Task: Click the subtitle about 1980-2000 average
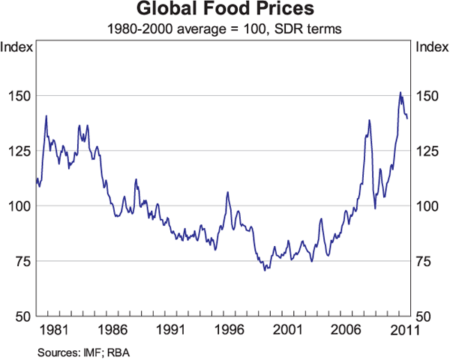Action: point(224,29)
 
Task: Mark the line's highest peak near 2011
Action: point(400,92)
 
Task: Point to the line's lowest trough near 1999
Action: point(265,270)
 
